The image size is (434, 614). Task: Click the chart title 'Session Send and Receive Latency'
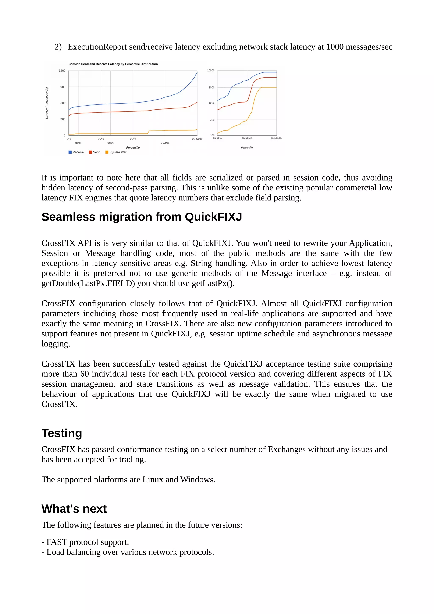click(x=113, y=64)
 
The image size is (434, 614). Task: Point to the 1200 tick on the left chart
click(x=62, y=71)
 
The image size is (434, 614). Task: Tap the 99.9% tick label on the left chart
click(x=165, y=143)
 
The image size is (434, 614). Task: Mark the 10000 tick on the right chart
click(x=211, y=71)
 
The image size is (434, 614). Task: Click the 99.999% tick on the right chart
click(x=246, y=138)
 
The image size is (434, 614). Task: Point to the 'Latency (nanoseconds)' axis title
click(x=47, y=103)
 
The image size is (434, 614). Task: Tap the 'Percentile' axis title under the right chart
click(x=246, y=148)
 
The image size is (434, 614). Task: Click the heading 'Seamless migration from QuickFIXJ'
click(x=142, y=217)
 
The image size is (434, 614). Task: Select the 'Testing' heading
click(x=61, y=433)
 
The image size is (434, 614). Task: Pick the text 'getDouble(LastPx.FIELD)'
click(x=88, y=283)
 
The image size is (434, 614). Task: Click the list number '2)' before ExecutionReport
click(x=58, y=47)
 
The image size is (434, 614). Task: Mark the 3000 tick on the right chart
click(x=211, y=88)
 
